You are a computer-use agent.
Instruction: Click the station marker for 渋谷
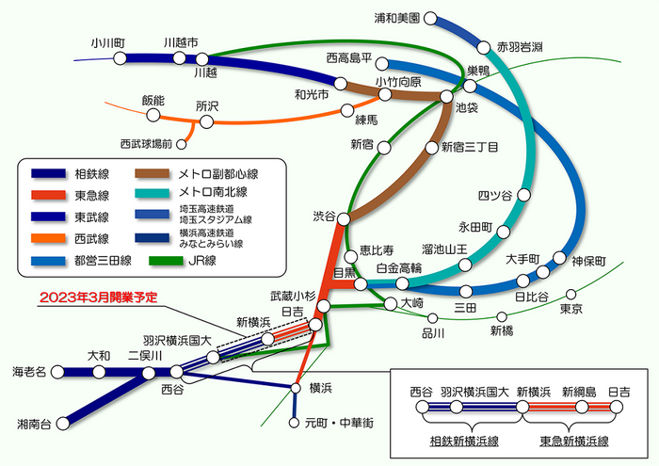click(344, 219)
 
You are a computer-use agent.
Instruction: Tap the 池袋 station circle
click(446, 96)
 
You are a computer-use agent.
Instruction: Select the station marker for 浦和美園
click(430, 18)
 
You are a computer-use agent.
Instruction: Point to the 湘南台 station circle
click(63, 423)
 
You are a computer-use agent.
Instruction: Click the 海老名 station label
click(29, 372)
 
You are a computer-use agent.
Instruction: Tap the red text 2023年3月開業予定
click(98, 297)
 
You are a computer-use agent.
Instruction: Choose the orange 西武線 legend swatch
click(48, 238)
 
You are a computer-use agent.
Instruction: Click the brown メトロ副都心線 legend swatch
click(153, 173)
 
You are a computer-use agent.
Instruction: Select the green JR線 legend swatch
click(166, 261)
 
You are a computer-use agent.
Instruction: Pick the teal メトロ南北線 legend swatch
click(153, 193)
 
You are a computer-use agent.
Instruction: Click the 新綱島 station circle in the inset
click(582, 407)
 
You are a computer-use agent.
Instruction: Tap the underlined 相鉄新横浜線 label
click(464, 442)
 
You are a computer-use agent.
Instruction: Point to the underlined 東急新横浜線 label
click(574, 442)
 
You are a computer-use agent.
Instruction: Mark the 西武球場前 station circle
click(181, 144)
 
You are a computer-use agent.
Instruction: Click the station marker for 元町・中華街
click(294, 423)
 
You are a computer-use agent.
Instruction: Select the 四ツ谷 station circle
click(523, 195)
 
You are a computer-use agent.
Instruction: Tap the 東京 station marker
click(571, 294)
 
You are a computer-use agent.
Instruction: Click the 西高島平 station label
click(349, 58)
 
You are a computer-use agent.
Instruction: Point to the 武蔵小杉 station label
click(293, 297)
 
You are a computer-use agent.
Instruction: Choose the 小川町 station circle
click(121, 58)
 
